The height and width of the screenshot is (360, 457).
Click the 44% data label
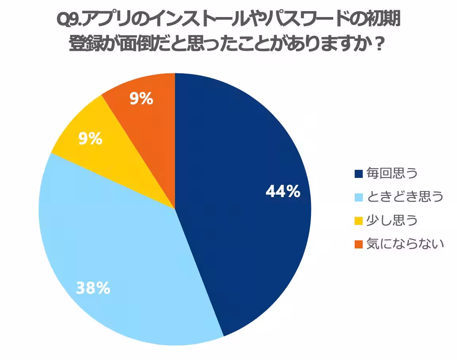283,192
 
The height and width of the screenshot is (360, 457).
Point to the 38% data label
93,288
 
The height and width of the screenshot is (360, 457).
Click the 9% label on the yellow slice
90,139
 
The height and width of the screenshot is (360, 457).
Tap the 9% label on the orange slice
142,99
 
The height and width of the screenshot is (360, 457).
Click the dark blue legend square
359,174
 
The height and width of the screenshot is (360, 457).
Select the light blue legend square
359,197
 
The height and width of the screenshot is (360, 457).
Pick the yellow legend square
359,221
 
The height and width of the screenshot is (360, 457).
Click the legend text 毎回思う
392,174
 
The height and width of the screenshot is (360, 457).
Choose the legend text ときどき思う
405,197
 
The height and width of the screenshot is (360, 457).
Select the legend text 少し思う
392,221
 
